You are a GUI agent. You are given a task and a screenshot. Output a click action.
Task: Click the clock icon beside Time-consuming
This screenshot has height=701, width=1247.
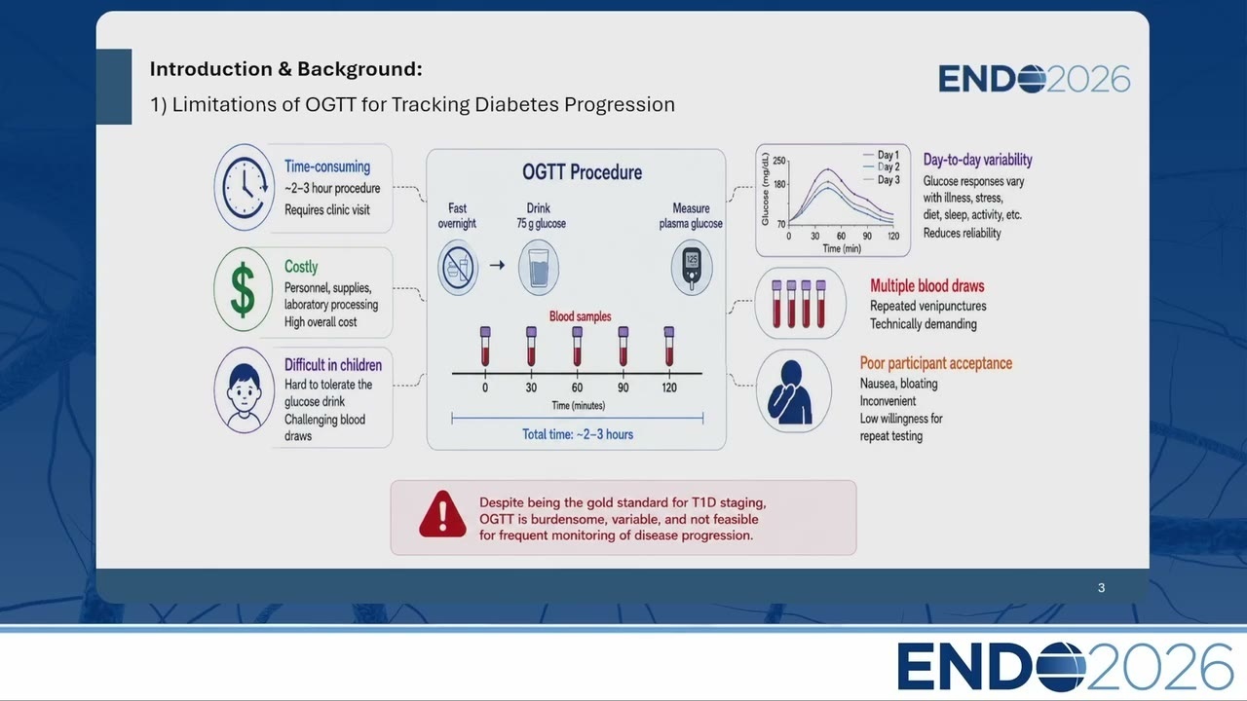tap(245, 188)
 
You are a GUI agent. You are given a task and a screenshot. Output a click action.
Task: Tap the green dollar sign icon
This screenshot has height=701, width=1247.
tap(243, 290)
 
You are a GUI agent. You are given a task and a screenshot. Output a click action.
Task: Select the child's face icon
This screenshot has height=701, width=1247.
tap(244, 391)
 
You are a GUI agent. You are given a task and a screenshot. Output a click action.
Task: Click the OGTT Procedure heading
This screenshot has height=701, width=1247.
tap(582, 172)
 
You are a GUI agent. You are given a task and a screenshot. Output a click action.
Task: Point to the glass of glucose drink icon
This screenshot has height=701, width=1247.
tap(539, 268)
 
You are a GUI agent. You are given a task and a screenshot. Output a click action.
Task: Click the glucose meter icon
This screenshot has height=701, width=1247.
tap(692, 268)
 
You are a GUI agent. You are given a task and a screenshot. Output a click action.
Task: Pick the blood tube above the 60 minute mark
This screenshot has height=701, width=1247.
tap(578, 347)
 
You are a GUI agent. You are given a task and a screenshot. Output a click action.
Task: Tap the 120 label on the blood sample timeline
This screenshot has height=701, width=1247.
tap(669, 387)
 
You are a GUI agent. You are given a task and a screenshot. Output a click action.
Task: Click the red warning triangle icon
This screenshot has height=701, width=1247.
tap(442, 514)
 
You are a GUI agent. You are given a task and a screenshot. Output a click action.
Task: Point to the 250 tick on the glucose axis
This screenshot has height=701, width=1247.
tap(778, 161)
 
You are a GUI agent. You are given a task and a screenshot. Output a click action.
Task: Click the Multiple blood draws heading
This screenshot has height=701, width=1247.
tap(926, 286)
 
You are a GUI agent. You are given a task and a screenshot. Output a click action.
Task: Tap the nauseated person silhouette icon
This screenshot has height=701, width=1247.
tap(790, 391)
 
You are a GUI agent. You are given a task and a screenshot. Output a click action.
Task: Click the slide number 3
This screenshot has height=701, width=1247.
tap(1101, 588)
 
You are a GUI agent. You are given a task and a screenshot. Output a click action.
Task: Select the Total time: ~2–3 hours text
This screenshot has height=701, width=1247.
tap(578, 434)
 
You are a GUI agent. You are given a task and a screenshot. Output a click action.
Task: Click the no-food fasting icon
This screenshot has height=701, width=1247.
tap(458, 268)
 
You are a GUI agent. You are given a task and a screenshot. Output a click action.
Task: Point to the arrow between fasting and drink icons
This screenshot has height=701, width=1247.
tap(497, 266)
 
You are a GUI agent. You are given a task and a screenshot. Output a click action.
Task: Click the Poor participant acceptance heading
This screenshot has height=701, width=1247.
tap(936, 363)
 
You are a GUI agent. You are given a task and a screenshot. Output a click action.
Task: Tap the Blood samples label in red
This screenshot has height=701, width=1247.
tap(580, 316)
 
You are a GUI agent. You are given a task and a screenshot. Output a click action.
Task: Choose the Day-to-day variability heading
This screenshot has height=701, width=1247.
tap(977, 161)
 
